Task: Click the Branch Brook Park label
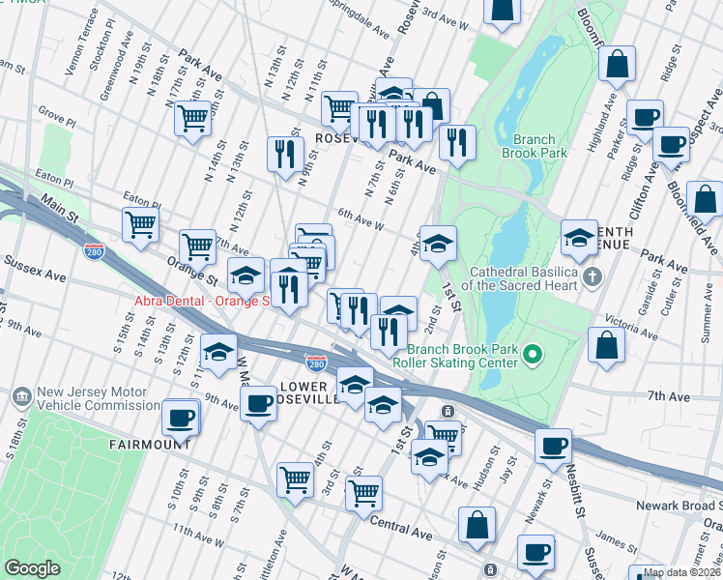pyautogui.click(x=534, y=145)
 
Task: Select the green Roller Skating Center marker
pyautogui.click(x=530, y=357)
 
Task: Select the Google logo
pyautogui.click(x=32, y=567)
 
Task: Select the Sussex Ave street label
pyautogui.click(x=35, y=269)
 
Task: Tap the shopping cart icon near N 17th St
pyautogui.click(x=193, y=118)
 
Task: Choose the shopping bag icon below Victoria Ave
pyautogui.click(x=606, y=346)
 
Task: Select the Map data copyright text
pyautogui.click(x=680, y=572)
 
